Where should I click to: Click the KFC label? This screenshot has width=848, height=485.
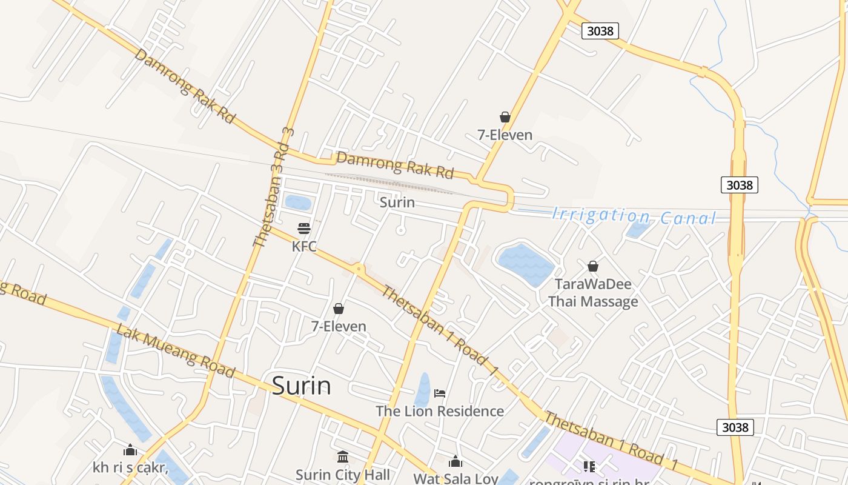tap(304, 247)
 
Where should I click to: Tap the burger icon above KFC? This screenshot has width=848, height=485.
tap(304, 228)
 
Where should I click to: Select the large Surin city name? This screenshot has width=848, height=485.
tap(302, 386)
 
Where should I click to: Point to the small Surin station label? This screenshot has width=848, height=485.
tap(397, 202)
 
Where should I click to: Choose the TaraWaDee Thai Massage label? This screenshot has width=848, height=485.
tap(593, 293)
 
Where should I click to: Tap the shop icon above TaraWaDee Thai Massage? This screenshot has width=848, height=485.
tap(593, 266)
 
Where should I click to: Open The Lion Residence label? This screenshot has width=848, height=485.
tap(440, 411)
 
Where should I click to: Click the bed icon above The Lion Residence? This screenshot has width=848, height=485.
tap(440, 393)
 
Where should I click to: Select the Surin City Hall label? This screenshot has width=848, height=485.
tap(343, 474)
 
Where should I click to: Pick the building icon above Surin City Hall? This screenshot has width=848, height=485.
tap(343, 457)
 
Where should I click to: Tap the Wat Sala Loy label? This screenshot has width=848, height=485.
tap(455, 478)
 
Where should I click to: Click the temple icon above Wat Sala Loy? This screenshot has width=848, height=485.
tap(455, 462)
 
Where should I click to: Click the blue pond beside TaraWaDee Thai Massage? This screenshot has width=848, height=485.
tap(525, 264)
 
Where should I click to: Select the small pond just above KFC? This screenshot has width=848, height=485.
tap(298, 202)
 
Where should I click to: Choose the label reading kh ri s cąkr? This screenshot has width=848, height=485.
tap(130, 467)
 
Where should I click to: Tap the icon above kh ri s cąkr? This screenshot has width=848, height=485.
tap(130, 450)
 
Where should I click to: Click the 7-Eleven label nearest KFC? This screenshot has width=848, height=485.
tap(339, 326)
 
